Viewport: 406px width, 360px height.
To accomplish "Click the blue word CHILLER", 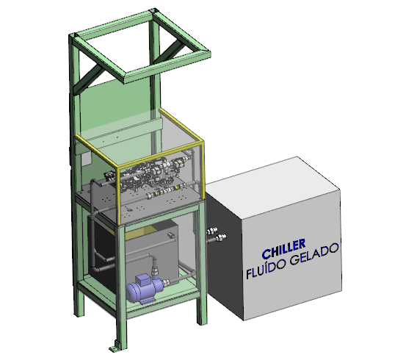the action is [x=283, y=249].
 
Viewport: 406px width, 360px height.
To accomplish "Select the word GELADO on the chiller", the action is [x=314, y=254].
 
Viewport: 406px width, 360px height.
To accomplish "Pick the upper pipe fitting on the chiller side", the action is [x=211, y=231].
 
